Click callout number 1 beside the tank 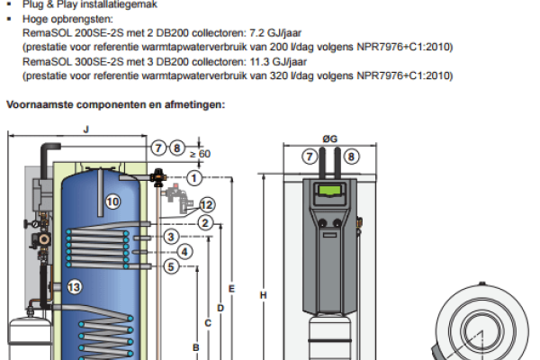[x=194, y=178]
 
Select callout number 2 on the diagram [x=205, y=223]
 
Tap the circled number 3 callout [x=171, y=237]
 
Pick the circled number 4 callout [x=184, y=252]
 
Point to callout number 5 [x=171, y=266]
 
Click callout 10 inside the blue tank [x=112, y=202]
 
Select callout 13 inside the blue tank [x=75, y=287]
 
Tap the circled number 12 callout [x=207, y=205]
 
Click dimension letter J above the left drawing [x=86, y=130]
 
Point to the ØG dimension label [x=330, y=139]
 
